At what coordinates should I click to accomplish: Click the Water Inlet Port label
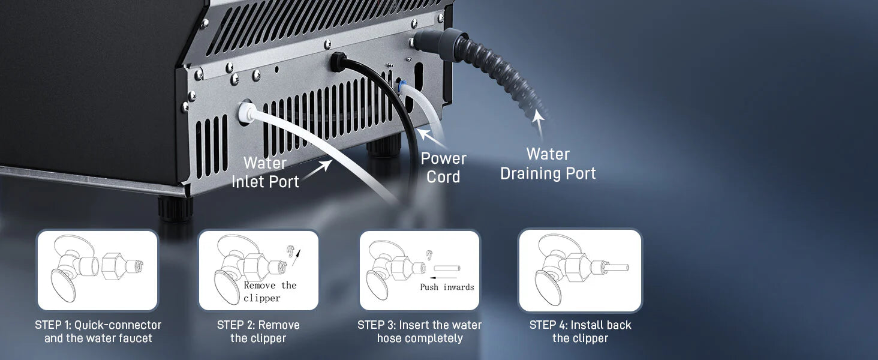(x=265, y=172)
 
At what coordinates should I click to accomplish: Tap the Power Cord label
(x=443, y=167)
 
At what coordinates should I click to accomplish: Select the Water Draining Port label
(x=548, y=163)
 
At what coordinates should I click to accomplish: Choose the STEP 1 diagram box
(x=97, y=270)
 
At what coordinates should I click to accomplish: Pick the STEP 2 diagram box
(x=258, y=270)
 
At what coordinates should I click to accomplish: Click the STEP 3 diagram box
(x=419, y=270)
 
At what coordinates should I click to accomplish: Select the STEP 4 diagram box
(x=580, y=270)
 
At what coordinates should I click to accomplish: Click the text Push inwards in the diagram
(x=447, y=287)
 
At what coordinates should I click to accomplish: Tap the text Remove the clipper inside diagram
(x=270, y=292)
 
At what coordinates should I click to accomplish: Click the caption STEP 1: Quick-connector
(x=98, y=325)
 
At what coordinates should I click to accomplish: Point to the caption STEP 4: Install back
(x=580, y=325)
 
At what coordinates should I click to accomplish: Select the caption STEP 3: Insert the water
(x=419, y=325)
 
